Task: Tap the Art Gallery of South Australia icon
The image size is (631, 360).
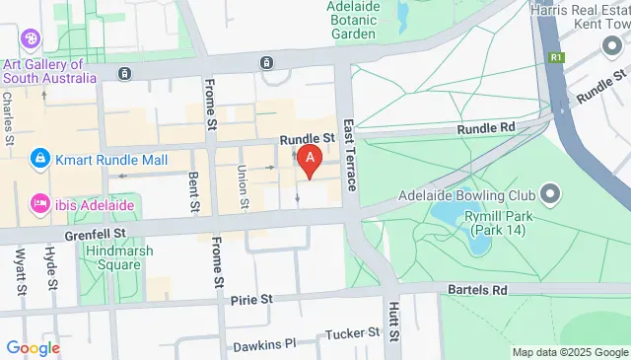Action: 29,38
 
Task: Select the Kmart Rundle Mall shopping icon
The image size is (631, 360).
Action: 39,157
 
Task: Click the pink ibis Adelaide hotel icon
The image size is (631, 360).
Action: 39,202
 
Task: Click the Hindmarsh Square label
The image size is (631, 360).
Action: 111,257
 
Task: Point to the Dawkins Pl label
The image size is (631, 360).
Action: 264,346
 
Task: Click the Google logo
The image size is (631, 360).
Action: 34,347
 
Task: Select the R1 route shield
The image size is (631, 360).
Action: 557,57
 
